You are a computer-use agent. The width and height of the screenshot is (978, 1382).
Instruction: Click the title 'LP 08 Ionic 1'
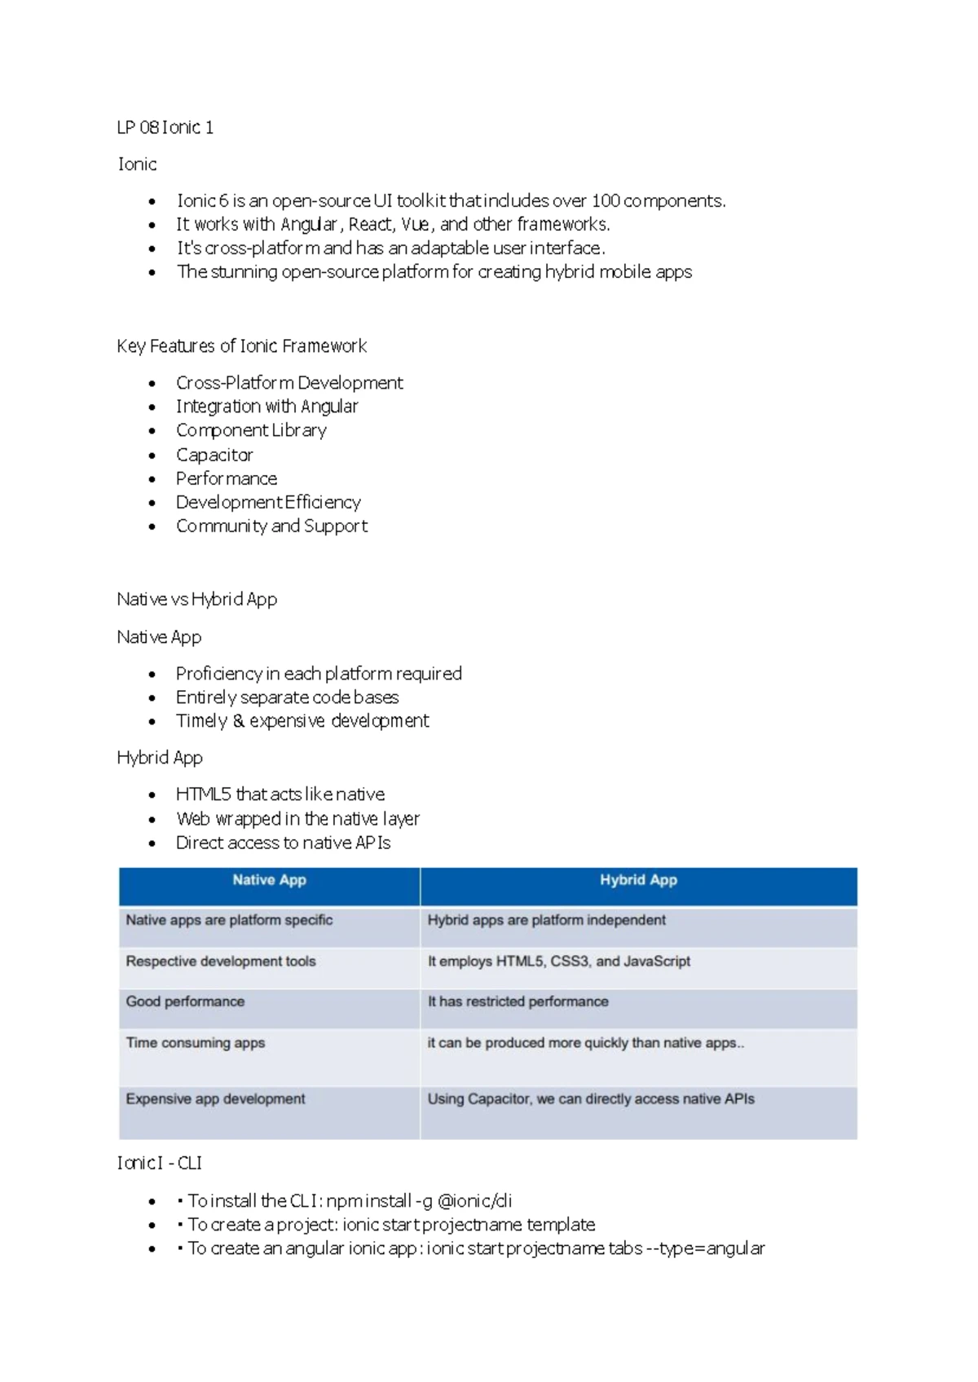point(165,127)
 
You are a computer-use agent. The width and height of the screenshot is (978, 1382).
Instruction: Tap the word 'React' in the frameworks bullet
point(371,224)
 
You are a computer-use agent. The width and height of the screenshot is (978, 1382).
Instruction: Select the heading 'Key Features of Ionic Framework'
point(241,345)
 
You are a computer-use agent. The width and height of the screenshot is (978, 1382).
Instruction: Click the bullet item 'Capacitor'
point(214,455)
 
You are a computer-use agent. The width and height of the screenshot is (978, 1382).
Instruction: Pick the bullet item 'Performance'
point(227,478)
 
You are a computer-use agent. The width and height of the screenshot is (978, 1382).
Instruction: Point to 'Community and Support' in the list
point(271,526)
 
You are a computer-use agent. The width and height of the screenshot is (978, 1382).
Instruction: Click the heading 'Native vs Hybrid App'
point(196,599)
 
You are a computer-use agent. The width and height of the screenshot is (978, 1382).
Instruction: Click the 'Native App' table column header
point(269,880)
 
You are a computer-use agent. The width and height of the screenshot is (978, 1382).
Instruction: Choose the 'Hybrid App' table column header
point(638,880)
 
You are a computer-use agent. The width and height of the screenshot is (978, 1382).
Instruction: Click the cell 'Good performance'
point(185,1001)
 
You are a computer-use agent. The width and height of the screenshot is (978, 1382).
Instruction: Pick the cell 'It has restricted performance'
point(518,1001)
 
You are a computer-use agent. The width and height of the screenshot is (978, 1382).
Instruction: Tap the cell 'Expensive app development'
point(215,1098)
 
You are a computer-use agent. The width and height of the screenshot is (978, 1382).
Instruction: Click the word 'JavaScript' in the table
point(657,961)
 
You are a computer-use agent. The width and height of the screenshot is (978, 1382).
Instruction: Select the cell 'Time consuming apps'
point(196,1042)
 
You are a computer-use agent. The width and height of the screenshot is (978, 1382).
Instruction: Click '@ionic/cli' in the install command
point(474,1200)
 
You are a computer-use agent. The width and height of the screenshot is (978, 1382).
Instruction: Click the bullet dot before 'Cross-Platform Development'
point(152,383)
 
